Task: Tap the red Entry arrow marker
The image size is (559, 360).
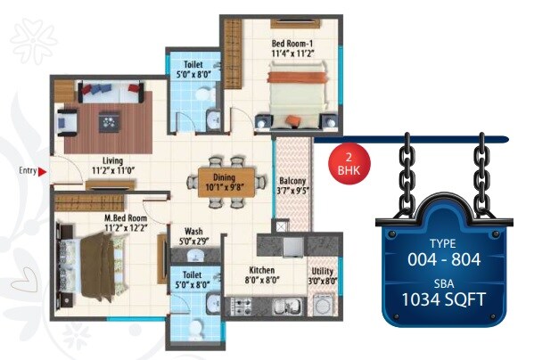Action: tap(52, 170)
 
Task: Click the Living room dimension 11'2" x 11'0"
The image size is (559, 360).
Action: tap(111, 169)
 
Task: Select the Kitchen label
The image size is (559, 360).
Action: tap(261, 270)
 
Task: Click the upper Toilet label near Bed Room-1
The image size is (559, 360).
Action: tap(193, 65)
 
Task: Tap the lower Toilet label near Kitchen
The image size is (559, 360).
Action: tap(193, 275)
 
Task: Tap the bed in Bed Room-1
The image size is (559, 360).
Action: tap(299, 98)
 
